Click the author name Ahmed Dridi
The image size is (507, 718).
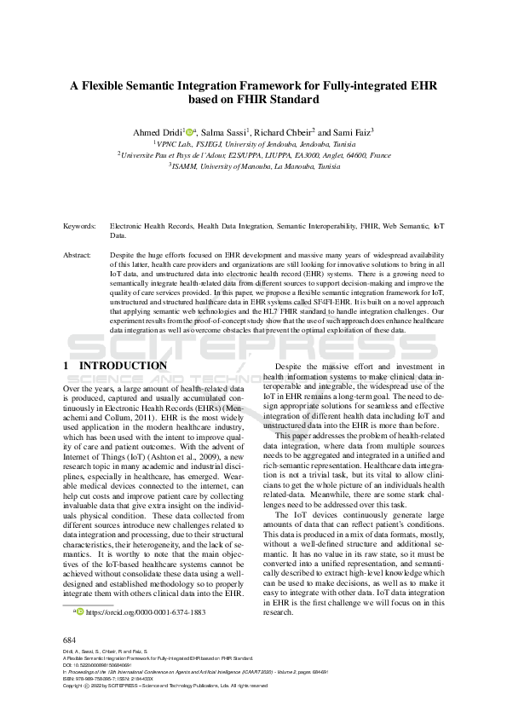tap(157, 133)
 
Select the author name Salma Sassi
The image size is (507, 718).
tap(225, 133)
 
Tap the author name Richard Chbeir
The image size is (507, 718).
tap(285, 133)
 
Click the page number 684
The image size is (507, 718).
tap(71, 640)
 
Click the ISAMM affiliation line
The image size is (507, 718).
tap(254, 168)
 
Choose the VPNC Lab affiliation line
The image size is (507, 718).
tap(254, 145)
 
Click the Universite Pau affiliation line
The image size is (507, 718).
tap(254, 157)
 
